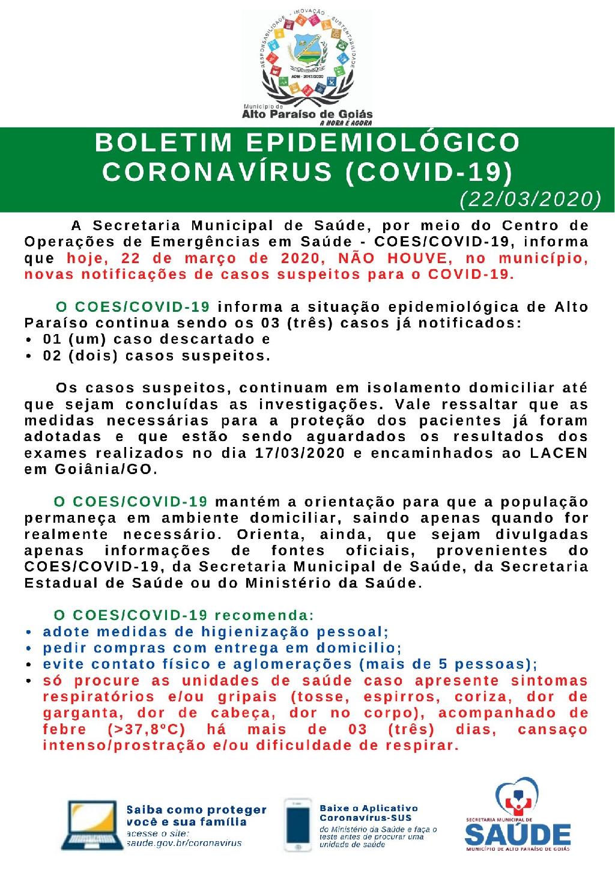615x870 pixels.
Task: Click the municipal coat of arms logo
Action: coord(306,57)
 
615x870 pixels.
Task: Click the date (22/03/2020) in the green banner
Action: coord(530,199)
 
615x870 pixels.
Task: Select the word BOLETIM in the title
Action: coord(163,143)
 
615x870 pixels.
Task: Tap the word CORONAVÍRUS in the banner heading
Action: coord(217,172)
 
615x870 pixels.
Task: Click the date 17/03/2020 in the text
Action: coord(300,453)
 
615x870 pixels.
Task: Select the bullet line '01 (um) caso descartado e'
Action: coord(157,339)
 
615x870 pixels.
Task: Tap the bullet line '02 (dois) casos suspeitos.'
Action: coord(157,356)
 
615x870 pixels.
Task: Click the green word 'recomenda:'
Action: coord(264,615)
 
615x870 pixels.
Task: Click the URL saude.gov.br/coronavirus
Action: coord(184,843)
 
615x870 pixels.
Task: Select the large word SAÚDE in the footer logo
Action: coord(518,835)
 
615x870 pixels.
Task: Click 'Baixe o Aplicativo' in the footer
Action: coord(368,809)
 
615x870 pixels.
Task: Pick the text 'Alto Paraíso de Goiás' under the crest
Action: coord(306,114)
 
